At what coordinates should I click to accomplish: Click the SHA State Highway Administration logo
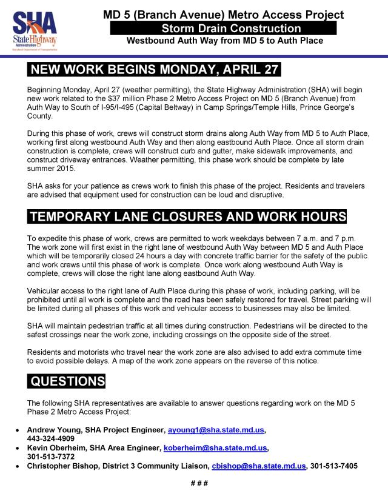pyautogui.click(x=35, y=28)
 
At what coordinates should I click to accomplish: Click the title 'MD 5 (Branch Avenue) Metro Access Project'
pyautogui.click(x=223, y=14)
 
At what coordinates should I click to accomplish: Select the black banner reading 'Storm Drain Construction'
pyautogui.click(x=223, y=28)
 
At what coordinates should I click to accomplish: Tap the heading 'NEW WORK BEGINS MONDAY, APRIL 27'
pyautogui.click(x=155, y=69)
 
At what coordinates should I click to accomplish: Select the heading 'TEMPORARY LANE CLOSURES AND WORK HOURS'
pyautogui.click(x=188, y=217)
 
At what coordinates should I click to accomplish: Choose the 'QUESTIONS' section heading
pyautogui.click(x=67, y=381)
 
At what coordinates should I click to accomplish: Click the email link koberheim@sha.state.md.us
pyautogui.click(x=215, y=447)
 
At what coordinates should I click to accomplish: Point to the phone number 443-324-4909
pyautogui.click(x=51, y=438)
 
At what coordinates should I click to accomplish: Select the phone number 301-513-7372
pyautogui.click(x=51, y=456)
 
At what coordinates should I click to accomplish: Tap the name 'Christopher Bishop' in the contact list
pyautogui.click(x=65, y=466)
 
